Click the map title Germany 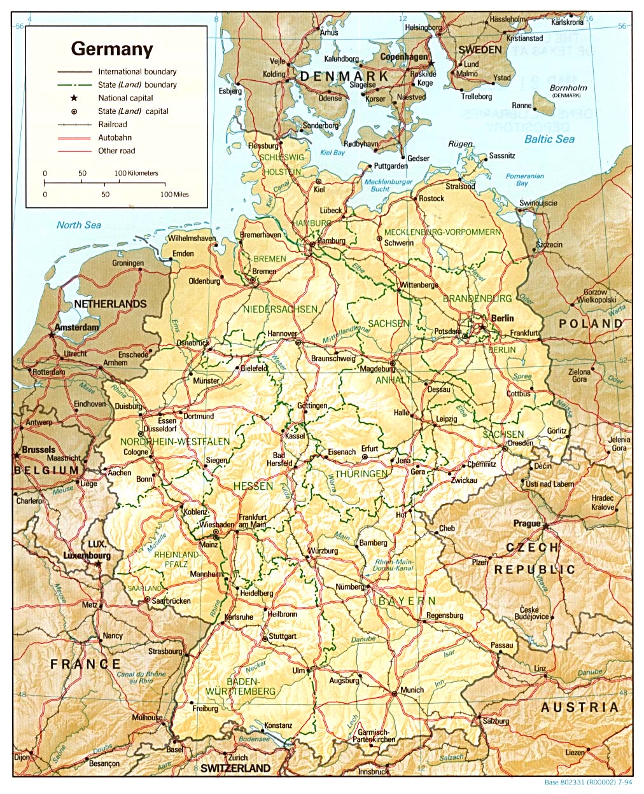[x=112, y=49]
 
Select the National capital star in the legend [x=74, y=98]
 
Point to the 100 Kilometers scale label [x=136, y=173]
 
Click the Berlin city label [x=502, y=318]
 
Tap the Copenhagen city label [x=403, y=57]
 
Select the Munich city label [x=412, y=690]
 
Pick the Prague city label [x=526, y=524]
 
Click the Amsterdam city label [x=77, y=328]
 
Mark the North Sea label [x=79, y=225]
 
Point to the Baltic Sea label [x=549, y=139]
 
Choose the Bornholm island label [x=568, y=88]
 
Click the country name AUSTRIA [x=579, y=707]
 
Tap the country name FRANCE [x=85, y=664]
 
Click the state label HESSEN [x=253, y=486]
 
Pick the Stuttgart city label [x=283, y=636]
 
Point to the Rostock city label [x=431, y=198]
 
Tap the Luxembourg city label [x=87, y=555]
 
